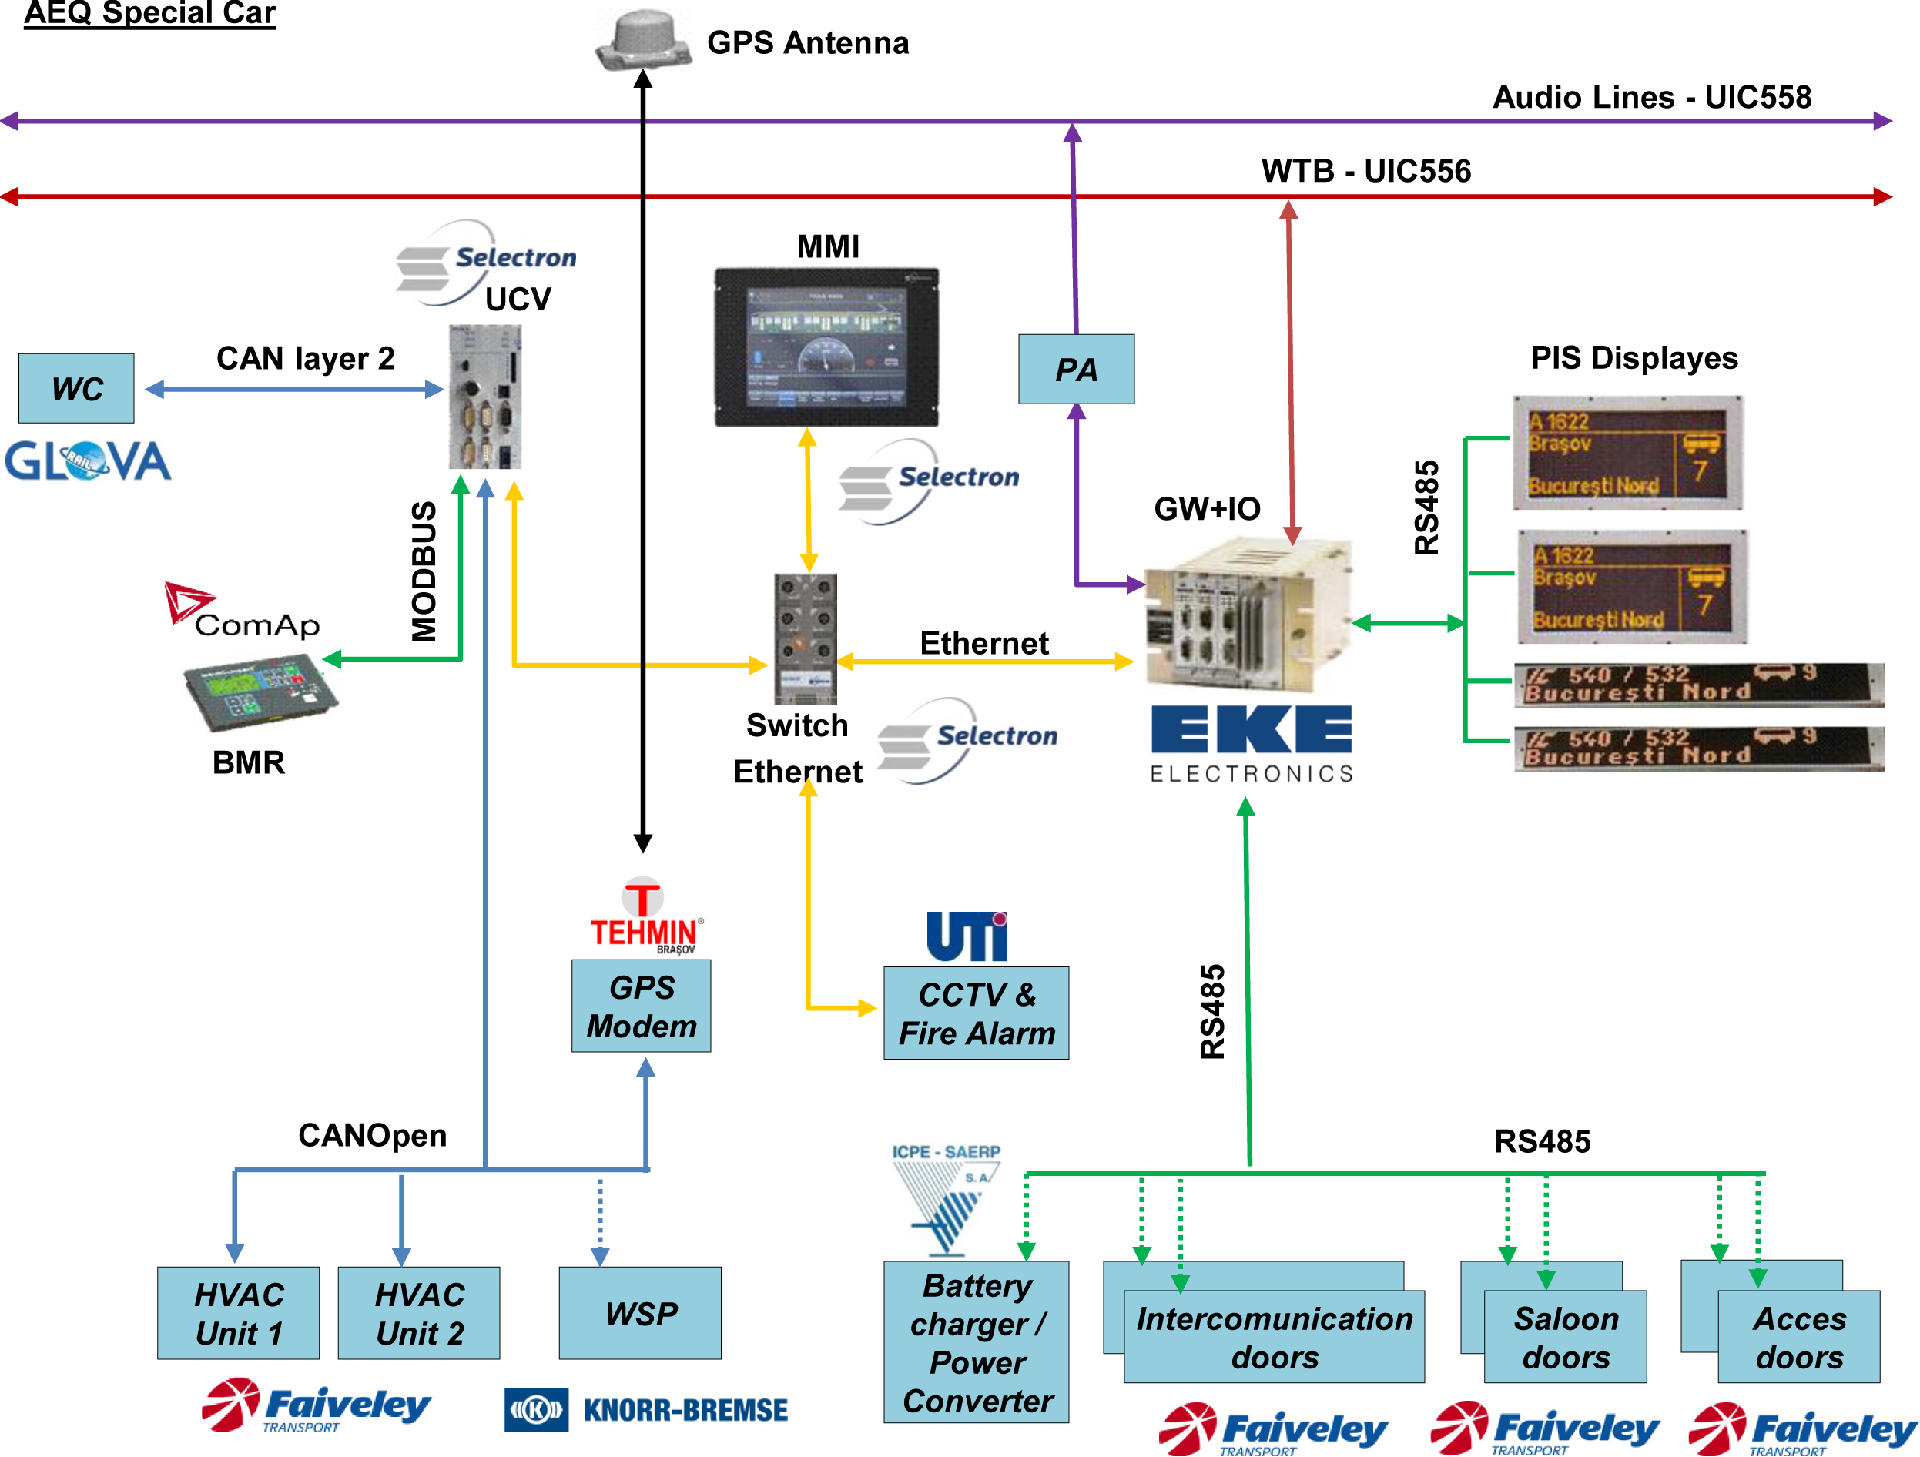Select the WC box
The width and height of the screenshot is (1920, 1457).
click(76, 388)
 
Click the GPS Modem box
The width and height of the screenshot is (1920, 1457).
click(641, 1006)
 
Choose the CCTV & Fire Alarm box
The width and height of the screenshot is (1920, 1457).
click(976, 1013)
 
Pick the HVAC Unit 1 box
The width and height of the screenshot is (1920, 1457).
click(238, 1312)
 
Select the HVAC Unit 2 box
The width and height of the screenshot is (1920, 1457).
click(418, 1312)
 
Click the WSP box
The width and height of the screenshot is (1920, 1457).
click(640, 1312)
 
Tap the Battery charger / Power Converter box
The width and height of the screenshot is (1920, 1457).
click(976, 1341)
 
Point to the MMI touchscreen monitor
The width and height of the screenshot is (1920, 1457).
click(826, 347)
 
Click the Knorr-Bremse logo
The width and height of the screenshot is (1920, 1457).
click(646, 1408)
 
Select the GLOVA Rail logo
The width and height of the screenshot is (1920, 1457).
click(88, 461)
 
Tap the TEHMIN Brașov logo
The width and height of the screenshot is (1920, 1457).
click(644, 916)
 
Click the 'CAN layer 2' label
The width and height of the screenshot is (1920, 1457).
click(305, 358)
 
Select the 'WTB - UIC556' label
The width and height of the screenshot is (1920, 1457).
click(1365, 171)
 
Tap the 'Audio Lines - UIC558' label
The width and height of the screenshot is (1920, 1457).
click(1651, 97)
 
